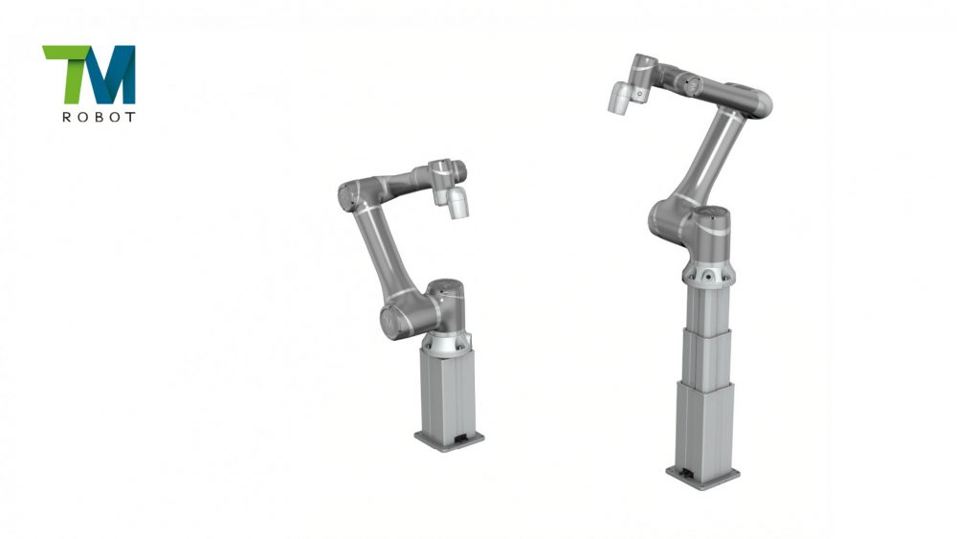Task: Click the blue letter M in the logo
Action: [113, 77]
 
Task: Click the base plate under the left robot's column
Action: [449, 439]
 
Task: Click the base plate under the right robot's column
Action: [702, 476]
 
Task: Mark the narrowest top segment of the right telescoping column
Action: [706, 305]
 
